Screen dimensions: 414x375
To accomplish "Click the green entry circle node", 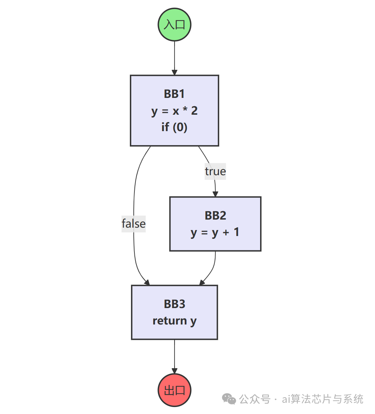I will coord(174,25).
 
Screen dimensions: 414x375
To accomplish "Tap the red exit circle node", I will coord(174,390).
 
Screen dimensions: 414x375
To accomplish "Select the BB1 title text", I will coord(174,94).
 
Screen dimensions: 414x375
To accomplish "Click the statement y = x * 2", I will coord(174,111).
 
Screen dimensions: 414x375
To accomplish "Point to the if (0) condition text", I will coord(174,127).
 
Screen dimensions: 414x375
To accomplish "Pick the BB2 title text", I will coord(215,215).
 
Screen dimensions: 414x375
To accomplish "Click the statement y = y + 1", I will coord(215,232).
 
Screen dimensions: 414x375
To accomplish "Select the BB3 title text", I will coord(174,304).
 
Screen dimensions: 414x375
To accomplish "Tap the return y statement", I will coord(174,321).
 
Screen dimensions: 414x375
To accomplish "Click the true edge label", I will coord(215,171).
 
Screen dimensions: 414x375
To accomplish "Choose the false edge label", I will coord(133,223).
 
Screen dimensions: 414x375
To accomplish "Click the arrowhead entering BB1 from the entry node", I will coord(174,72).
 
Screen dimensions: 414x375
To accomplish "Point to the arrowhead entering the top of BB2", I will coord(215,194).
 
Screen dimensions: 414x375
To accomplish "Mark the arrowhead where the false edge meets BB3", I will coord(147,282).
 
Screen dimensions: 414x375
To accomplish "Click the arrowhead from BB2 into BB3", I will coord(202,282).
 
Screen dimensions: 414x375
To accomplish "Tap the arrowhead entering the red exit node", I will coord(174,371).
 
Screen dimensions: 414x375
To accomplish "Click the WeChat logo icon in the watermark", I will coord(229,399).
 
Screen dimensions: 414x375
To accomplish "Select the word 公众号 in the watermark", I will coord(255,399).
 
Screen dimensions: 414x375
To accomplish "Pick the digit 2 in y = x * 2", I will coord(194,111).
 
